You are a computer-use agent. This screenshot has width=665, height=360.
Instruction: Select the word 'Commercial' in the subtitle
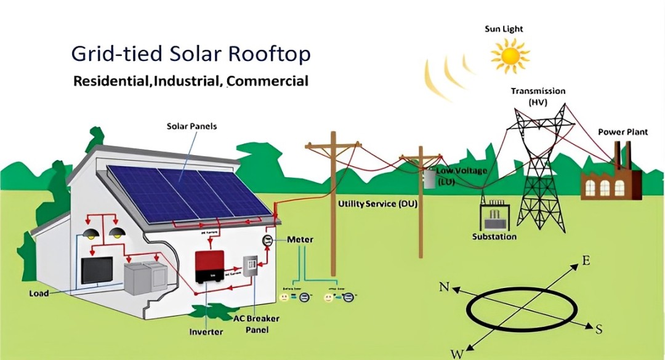click(268, 81)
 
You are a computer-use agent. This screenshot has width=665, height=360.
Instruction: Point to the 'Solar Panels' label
click(191, 126)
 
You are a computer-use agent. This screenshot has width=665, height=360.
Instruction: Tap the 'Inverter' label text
click(206, 332)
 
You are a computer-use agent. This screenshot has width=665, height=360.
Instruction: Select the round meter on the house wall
click(268, 239)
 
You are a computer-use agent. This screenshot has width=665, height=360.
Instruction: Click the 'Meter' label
click(299, 239)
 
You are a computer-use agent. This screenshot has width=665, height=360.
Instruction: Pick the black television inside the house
click(97, 270)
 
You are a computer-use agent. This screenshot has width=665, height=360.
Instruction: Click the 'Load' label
click(39, 294)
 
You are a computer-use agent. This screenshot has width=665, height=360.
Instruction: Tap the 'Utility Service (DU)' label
click(377, 203)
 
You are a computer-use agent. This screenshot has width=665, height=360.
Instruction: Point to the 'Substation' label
click(494, 237)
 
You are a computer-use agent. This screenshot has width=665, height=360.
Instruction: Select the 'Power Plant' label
click(623, 132)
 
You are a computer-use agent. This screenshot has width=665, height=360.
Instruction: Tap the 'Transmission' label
click(538, 91)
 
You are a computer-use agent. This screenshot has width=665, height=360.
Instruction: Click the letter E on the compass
click(586, 261)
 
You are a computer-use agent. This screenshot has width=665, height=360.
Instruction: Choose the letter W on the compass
click(457, 353)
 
